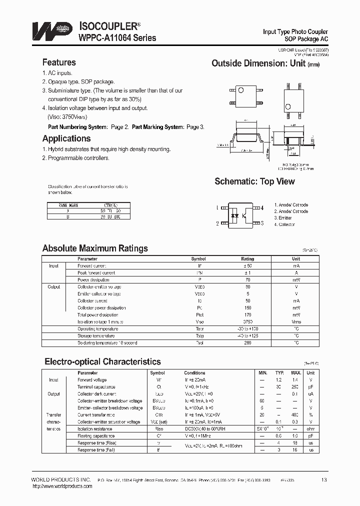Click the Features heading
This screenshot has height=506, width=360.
59,62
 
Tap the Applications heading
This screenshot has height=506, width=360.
66,138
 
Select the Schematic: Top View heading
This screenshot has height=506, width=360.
254,181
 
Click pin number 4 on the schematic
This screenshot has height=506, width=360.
262,207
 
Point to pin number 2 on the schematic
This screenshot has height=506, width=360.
217,223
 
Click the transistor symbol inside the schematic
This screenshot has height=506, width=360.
245,215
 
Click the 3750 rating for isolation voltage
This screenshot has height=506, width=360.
247,322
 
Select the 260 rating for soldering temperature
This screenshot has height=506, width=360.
247,343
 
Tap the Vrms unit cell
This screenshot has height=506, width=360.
296,322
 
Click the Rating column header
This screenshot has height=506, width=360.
247,259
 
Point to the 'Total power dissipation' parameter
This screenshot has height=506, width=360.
98,315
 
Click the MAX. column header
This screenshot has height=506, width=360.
295,373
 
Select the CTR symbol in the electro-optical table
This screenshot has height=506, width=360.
159,415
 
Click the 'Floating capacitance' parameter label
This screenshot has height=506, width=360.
96,436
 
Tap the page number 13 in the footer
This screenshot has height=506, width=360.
324,480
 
